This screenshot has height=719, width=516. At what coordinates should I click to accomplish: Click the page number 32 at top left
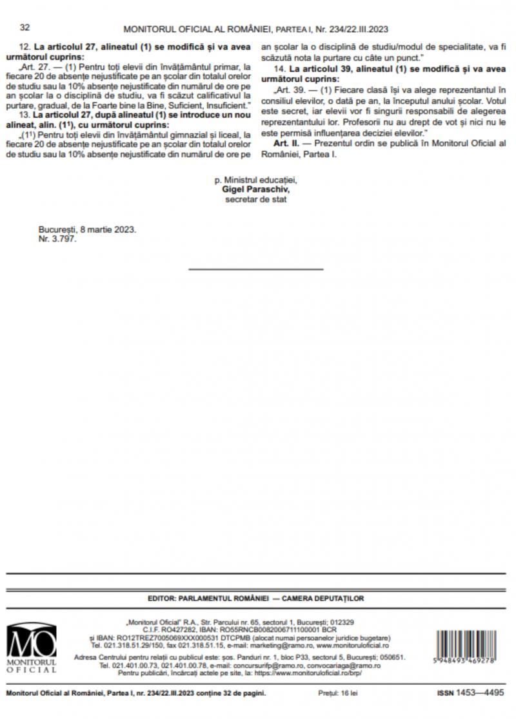tap(25, 28)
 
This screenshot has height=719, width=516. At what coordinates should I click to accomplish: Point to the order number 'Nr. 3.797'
tap(57, 239)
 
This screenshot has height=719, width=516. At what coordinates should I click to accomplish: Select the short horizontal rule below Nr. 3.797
tap(256, 269)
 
